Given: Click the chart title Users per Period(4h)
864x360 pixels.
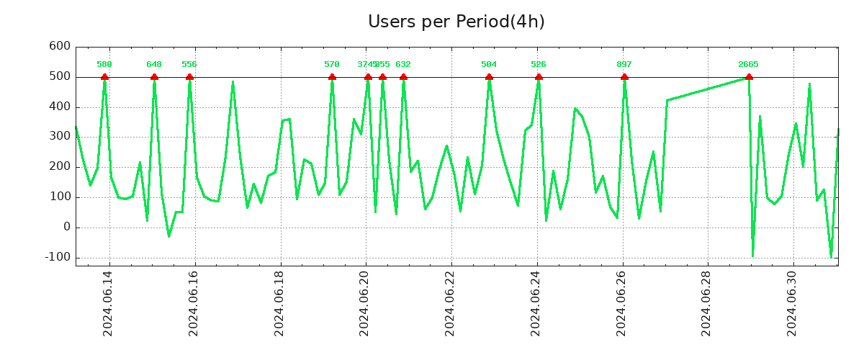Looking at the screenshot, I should [456, 22].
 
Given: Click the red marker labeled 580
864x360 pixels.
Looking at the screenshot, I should [104, 77].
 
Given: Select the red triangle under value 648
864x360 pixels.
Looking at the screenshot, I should [154, 77].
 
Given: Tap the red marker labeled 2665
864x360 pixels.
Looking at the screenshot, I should [749, 77].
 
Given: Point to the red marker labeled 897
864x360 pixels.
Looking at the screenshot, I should [624, 77].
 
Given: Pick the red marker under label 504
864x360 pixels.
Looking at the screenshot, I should [489, 77].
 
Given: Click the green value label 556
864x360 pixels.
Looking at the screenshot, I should [189, 65].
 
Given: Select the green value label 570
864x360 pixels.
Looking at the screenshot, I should [332, 65].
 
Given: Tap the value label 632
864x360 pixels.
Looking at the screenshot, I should [403, 65].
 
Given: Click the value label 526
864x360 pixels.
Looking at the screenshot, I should [539, 65].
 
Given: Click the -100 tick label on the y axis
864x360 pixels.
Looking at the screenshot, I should [58, 257].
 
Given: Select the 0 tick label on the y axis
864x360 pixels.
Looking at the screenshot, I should [66, 227].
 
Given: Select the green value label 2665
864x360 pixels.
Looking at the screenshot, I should [749, 65].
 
